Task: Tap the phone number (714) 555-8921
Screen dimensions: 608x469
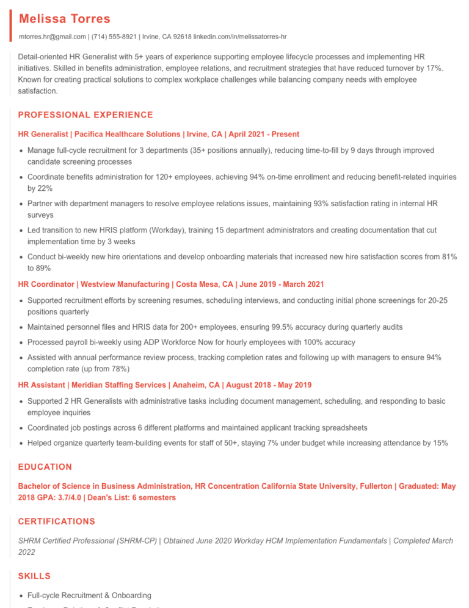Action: tap(114, 37)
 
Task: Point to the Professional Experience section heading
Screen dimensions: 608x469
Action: tap(85, 115)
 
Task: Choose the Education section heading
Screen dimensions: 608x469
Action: tap(45, 467)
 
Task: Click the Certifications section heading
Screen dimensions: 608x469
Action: tap(57, 522)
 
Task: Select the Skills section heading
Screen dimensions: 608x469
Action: tap(34, 576)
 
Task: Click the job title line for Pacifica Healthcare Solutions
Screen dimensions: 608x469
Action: tap(159, 134)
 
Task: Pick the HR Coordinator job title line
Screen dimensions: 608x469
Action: tap(171, 284)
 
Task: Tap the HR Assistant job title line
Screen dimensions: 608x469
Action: tap(165, 385)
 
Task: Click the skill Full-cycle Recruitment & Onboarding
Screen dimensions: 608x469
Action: tap(89, 595)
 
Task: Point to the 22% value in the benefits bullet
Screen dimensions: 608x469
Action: tap(45, 188)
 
